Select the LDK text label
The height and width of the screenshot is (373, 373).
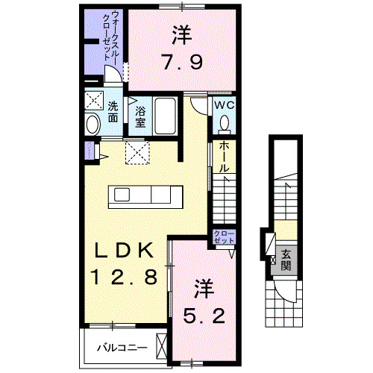123,249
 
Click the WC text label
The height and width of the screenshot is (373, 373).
225,106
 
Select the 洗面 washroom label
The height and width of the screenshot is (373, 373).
112,111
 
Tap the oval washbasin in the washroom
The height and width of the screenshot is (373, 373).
93,125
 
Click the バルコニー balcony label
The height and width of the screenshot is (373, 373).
119,347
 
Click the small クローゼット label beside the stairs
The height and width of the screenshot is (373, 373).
224,238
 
